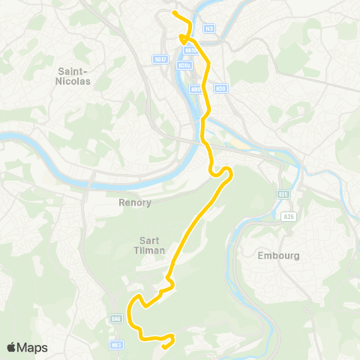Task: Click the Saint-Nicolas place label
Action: click(73, 76)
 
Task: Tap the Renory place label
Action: click(135, 202)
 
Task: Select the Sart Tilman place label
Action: click(147, 245)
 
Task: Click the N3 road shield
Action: click(209, 28)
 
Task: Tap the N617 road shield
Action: click(159, 58)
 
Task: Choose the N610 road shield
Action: click(190, 51)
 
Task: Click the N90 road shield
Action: click(196, 88)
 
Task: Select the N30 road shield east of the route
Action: click(220, 88)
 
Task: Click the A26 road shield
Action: click(288, 217)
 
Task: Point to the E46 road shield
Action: click(115, 319)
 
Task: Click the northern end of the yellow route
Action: click(174, 13)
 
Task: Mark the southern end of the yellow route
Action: click(163, 346)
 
